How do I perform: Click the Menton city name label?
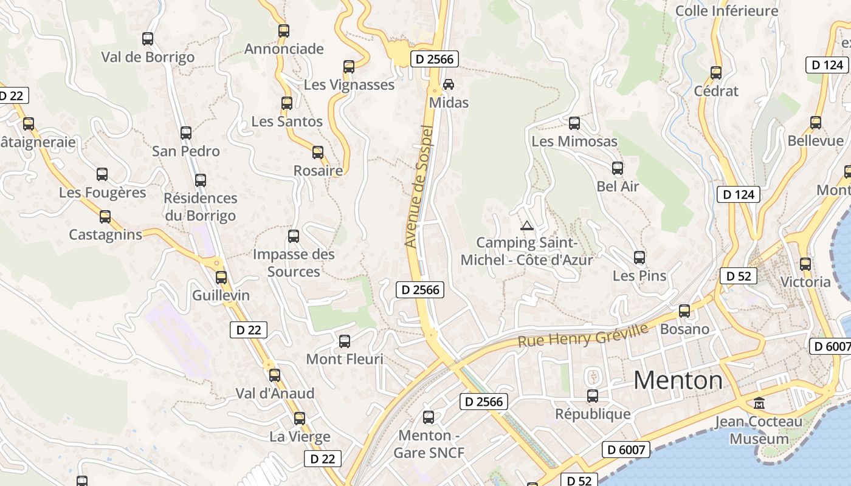coord(678,380)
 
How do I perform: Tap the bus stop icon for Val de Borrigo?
coord(148,39)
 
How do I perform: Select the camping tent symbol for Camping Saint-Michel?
coord(527,226)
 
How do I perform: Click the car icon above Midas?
coord(449,84)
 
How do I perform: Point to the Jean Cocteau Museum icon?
coord(759,403)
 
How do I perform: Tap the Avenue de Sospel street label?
coord(419,187)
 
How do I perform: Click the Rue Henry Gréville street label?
coord(583,335)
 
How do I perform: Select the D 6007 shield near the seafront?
coord(626,450)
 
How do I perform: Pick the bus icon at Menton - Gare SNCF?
coord(429,417)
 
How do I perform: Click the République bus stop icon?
coord(593,396)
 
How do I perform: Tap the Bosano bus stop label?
coord(684,329)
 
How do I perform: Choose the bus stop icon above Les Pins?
coord(639,258)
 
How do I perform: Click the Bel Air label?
coord(618,187)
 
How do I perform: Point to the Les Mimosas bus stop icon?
coord(574,124)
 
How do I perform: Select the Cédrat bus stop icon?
coord(716,73)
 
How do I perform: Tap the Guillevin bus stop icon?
coord(221,278)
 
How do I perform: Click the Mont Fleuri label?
coord(345,359)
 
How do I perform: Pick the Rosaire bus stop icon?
coord(318,152)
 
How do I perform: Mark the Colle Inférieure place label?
coord(726,11)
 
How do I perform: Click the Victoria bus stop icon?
coord(805,264)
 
